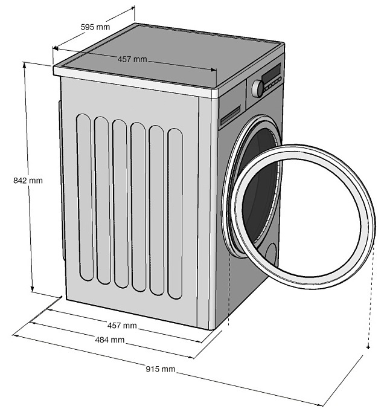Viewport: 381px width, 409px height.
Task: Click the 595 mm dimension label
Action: click(x=95, y=27)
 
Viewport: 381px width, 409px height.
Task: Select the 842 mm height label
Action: click(x=28, y=180)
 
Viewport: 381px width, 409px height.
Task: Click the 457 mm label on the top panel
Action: click(x=132, y=59)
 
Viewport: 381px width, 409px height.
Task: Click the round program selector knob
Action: click(x=258, y=88)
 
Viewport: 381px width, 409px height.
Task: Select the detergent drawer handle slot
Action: click(x=230, y=115)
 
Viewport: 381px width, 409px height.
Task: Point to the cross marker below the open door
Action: click(x=368, y=347)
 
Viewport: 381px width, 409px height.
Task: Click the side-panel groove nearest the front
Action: click(x=176, y=213)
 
